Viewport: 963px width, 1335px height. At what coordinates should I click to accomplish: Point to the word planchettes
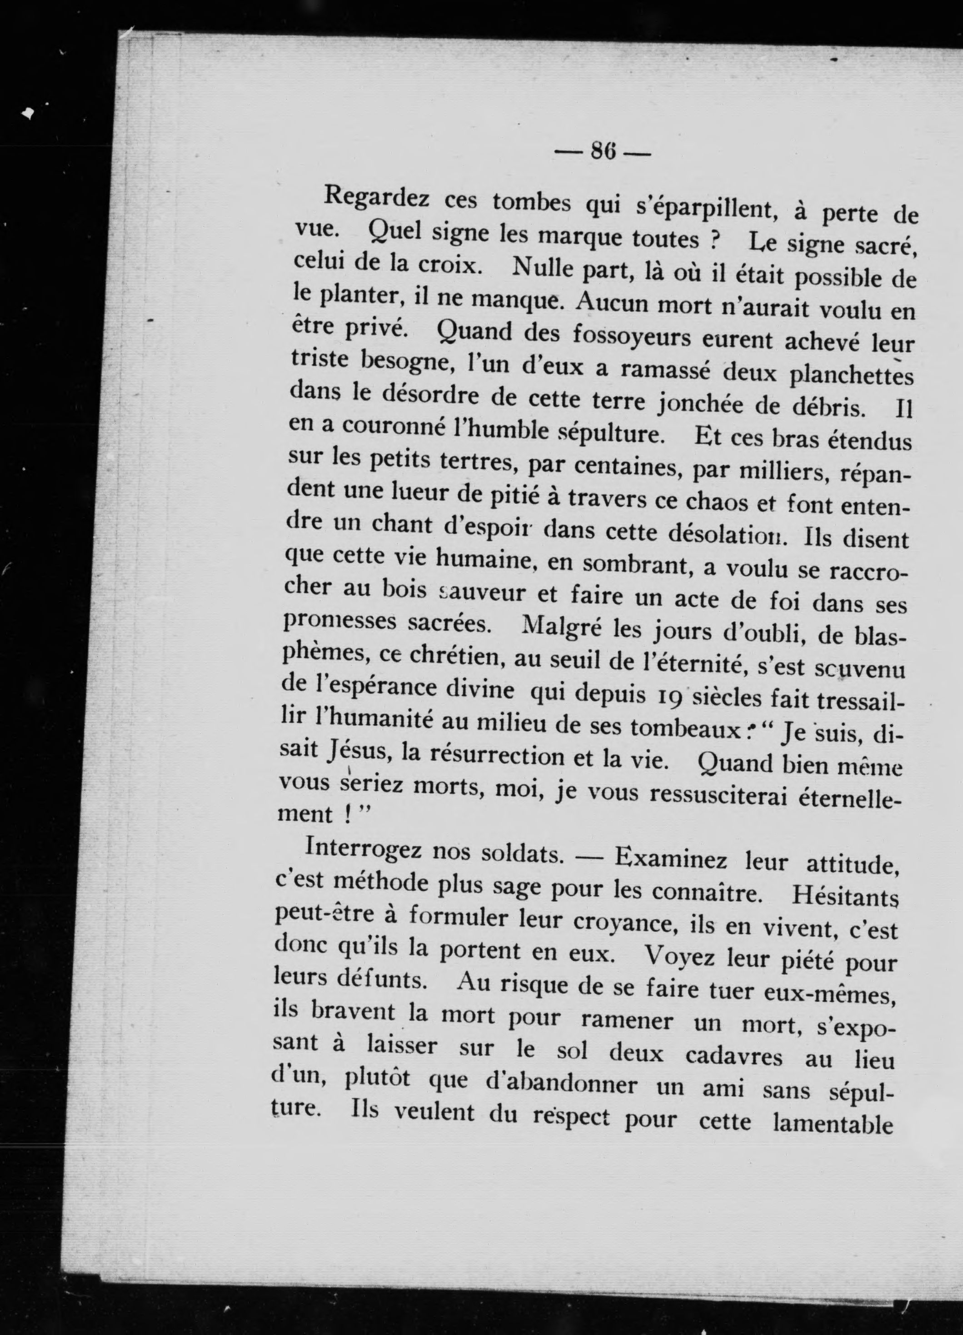[848, 376]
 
